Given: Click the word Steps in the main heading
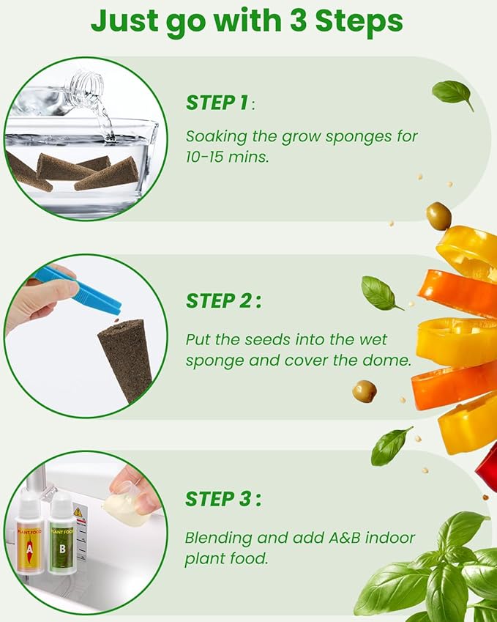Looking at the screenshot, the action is pyautogui.click(x=359, y=23).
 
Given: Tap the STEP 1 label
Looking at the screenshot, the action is pyautogui.click(x=217, y=103).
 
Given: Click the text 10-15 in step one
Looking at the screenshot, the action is pyautogui.click(x=205, y=157).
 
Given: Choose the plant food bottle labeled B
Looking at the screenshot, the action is pyautogui.click(x=61, y=533).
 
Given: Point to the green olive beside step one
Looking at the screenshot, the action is pyautogui.click(x=438, y=216).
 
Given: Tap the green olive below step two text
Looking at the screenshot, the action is pyautogui.click(x=365, y=391).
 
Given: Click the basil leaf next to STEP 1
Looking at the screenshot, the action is pyautogui.click(x=452, y=94).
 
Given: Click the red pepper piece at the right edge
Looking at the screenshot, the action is pyautogui.click(x=487, y=465).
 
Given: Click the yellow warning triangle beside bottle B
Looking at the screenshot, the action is pyautogui.click(x=78, y=512).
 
